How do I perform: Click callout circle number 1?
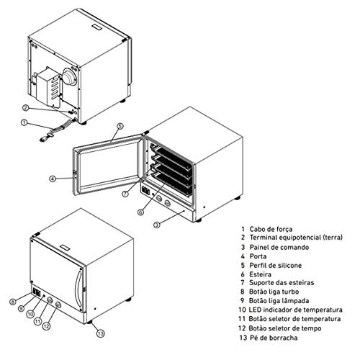point(24,123)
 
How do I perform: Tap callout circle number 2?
point(24,107)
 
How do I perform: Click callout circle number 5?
point(120,127)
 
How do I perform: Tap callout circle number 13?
point(100,332)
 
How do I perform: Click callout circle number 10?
point(30,314)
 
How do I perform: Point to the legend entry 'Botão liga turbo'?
point(279,291)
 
